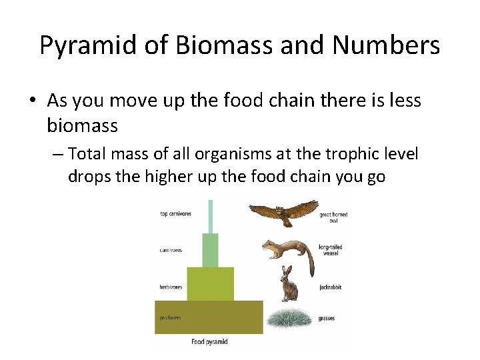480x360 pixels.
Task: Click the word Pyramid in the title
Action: (x=84, y=46)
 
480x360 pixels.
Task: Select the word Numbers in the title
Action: (x=387, y=46)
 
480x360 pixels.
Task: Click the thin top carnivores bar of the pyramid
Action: (x=211, y=216)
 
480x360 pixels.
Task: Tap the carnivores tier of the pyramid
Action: (x=210, y=250)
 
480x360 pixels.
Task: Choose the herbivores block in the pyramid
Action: (x=210, y=284)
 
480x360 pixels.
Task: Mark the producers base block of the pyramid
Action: (x=209, y=317)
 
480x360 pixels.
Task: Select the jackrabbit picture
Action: (x=288, y=285)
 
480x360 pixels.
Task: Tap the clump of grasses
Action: (x=288, y=318)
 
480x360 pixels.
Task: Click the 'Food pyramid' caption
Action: (x=210, y=342)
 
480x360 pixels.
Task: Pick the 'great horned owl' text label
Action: (x=333, y=217)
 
